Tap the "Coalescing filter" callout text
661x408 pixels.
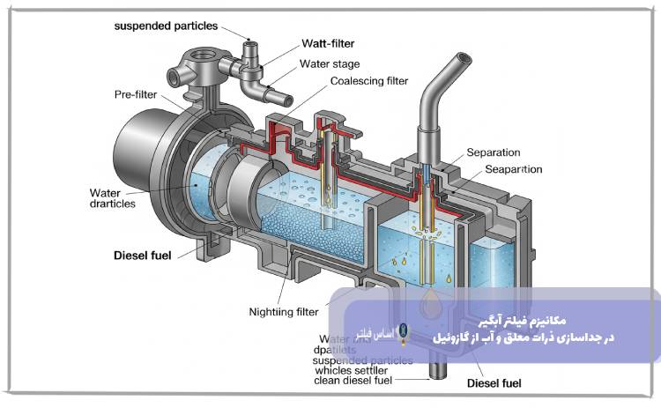click(x=369, y=81)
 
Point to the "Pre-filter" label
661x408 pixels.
click(x=136, y=93)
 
